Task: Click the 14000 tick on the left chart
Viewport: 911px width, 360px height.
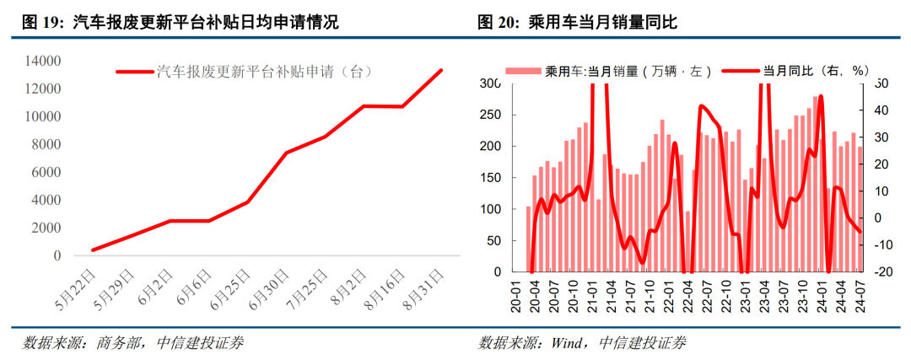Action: point(43,62)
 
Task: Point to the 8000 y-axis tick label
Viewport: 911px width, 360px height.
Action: point(46,145)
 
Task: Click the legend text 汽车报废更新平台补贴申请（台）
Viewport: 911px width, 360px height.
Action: point(264,73)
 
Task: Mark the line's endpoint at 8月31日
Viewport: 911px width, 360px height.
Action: point(441,70)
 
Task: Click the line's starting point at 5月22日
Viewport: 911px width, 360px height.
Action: point(92,250)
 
